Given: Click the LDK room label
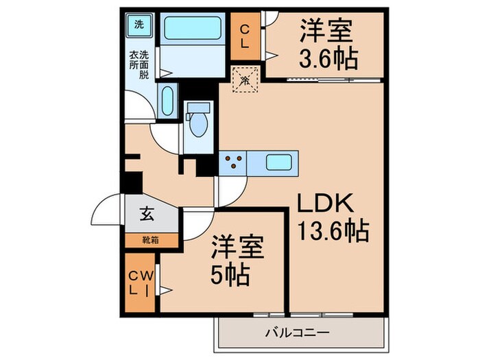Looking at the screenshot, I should click(324, 204).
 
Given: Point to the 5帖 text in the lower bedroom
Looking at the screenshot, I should click(229, 276).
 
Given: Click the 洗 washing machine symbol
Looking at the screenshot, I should click(139, 25).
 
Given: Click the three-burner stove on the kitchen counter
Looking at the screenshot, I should click(233, 163).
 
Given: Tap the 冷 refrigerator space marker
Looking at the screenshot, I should click(245, 80).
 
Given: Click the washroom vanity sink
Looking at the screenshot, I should click(167, 101).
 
